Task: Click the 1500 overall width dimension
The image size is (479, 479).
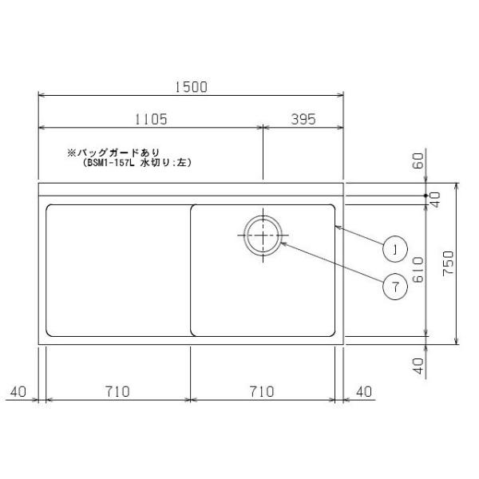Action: [x=191, y=87]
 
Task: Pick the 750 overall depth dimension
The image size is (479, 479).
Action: [x=449, y=264]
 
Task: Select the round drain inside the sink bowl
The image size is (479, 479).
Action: [x=263, y=236]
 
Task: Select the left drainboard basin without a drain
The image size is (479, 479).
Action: [x=117, y=270]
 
